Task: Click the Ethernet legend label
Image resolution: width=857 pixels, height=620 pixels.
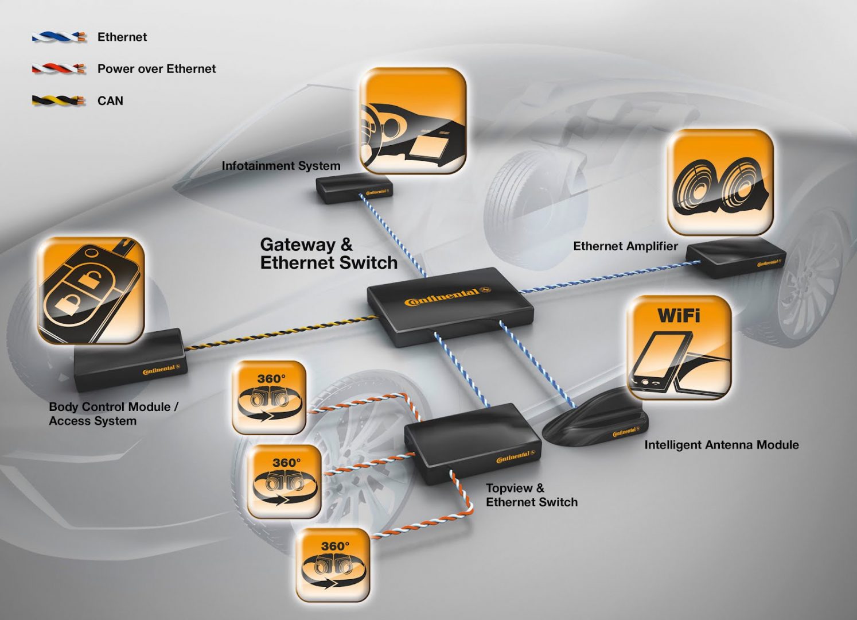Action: pyautogui.click(x=122, y=37)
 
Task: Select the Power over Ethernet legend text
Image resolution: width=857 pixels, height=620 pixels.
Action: pyautogui.click(x=156, y=69)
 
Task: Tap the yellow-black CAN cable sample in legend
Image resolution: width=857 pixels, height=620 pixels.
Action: pyautogui.click(x=59, y=101)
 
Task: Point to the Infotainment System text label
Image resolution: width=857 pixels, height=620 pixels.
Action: pyautogui.click(x=281, y=166)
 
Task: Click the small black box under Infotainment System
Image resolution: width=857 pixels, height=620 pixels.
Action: pyautogui.click(x=353, y=188)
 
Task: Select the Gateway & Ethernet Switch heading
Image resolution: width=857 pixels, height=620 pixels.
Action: pyautogui.click(x=328, y=254)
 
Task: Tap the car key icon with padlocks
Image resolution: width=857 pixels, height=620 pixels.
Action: pyautogui.click(x=91, y=290)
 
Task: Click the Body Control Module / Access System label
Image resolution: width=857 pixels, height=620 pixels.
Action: pyautogui.click(x=113, y=413)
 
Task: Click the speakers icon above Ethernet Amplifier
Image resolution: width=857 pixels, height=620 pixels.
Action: pyautogui.click(x=720, y=182)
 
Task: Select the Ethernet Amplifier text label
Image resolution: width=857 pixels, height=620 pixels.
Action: pyautogui.click(x=625, y=246)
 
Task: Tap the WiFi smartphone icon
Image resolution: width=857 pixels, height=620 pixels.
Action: pyautogui.click(x=679, y=348)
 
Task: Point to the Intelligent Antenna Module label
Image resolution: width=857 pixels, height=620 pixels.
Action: pyautogui.click(x=721, y=445)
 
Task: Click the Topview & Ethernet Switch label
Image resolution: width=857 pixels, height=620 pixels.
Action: pyautogui.click(x=531, y=495)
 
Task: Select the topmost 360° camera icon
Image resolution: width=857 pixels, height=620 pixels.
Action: pyautogui.click(x=269, y=397)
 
